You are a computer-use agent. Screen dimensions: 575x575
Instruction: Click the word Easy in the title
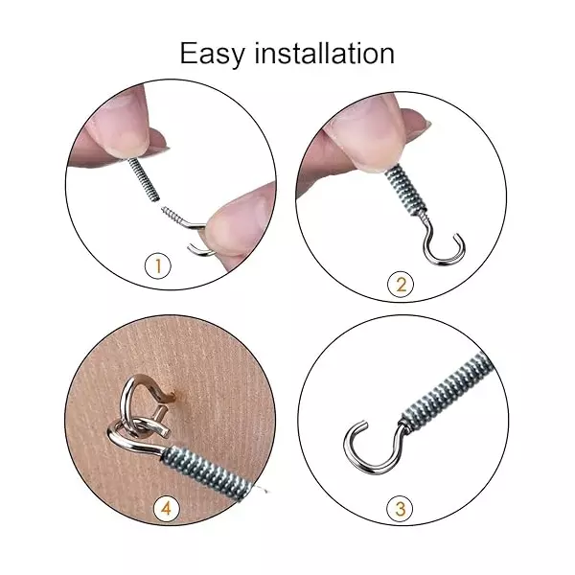click(213, 53)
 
